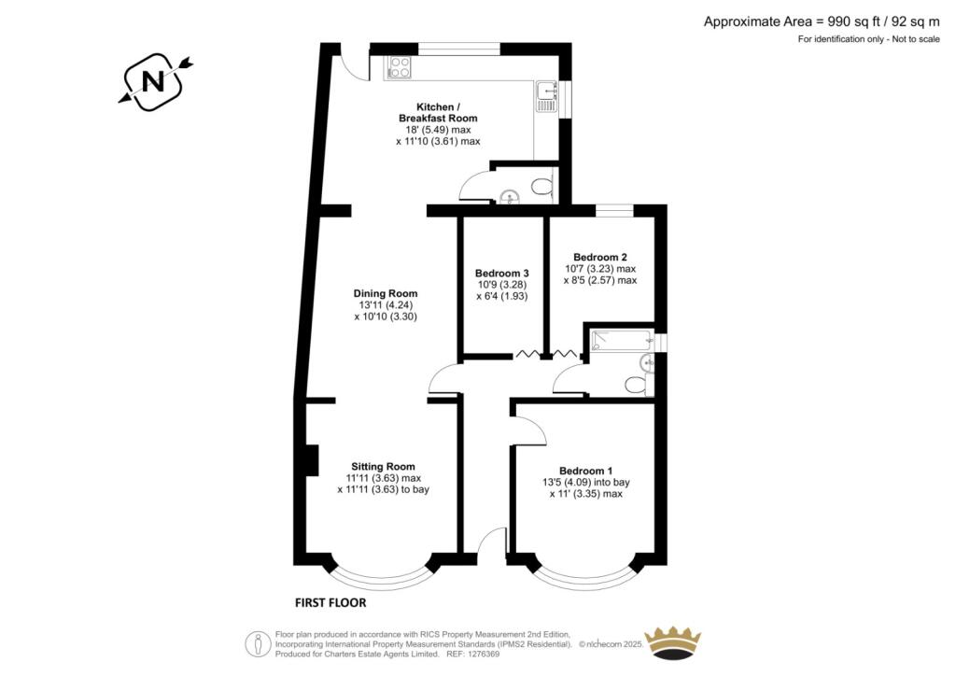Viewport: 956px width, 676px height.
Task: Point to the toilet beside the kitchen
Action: click(541, 185)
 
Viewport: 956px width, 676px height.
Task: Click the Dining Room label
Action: click(386, 293)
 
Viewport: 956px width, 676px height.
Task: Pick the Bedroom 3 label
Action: click(501, 273)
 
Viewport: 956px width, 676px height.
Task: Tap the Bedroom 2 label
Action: click(600, 257)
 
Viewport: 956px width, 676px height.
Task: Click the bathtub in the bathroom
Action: click(622, 340)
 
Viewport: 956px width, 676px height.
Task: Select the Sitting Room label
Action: click(383, 466)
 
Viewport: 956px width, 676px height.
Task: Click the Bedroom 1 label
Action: click(586, 471)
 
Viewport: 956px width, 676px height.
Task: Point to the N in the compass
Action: click(153, 81)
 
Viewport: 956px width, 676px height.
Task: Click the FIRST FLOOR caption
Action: click(330, 603)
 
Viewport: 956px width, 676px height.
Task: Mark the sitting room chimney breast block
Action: click(311, 460)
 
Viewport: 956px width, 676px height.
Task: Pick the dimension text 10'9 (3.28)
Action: click(501, 284)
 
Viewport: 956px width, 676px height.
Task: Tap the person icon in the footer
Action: click(259, 643)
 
